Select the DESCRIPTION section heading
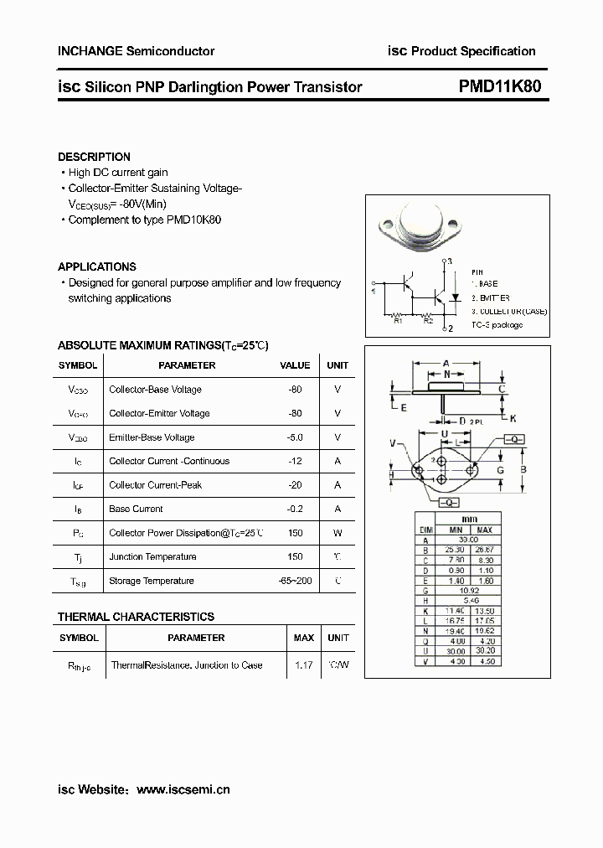(x=94, y=157)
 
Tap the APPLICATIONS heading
(x=97, y=266)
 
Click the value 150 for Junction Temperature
(x=295, y=556)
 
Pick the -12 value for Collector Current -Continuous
(x=295, y=461)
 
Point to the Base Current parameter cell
(x=136, y=509)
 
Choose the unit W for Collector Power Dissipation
(x=338, y=533)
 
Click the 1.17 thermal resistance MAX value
(x=303, y=664)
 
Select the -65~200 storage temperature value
(x=295, y=581)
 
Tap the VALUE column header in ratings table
(x=295, y=365)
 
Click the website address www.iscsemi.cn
(x=183, y=789)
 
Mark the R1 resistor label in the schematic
(x=399, y=320)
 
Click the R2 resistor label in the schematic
(x=427, y=320)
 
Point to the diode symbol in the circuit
(x=454, y=297)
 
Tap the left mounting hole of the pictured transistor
(x=387, y=225)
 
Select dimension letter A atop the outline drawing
(x=446, y=364)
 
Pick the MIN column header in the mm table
(x=455, y=530)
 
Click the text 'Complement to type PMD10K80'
(x=144, y=220)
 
